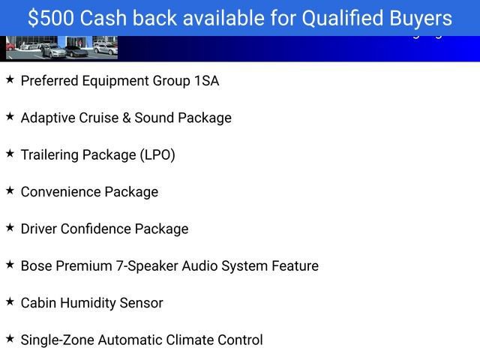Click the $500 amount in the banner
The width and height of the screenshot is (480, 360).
click(x=51, y=18)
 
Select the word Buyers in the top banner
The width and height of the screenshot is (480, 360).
click(x=419, y=18)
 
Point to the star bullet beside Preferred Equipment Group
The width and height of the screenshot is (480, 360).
click(x=10, y=79)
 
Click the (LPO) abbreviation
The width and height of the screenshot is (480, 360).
click(x=157, y=155)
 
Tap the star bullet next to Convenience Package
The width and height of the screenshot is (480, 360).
click(x=10, y=190)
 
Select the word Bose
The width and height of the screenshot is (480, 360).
click(x=37, y=266)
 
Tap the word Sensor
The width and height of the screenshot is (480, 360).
click(x=143, y=303)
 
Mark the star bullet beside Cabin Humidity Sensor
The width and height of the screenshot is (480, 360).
click(x=10, y=301)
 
